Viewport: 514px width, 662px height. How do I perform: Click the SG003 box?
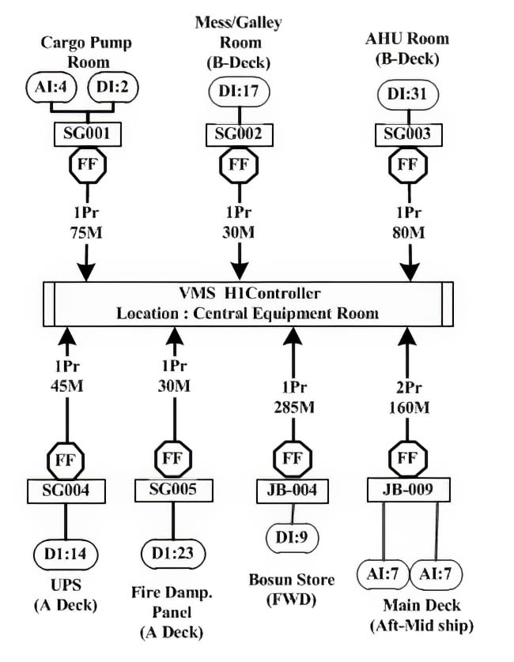click(x=407, y=134)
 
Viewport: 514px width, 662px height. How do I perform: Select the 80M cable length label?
click(x=409, y=234)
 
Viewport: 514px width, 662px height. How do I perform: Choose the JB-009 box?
click(x=408, y=490)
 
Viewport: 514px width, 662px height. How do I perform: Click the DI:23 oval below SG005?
click(x=172, y=551)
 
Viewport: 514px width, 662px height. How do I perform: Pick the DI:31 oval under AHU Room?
click(x=407, y=94)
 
